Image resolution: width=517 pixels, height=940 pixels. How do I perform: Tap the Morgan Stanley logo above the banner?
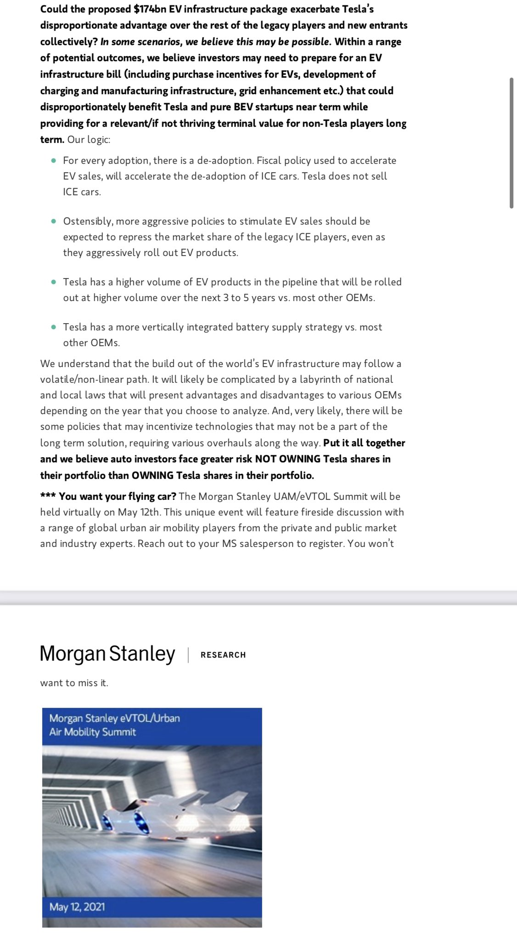(x=107, y=654)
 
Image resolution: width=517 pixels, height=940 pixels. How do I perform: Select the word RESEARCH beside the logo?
(x=223, y=655)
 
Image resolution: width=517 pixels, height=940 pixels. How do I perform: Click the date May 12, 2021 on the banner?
(x=77, y=907)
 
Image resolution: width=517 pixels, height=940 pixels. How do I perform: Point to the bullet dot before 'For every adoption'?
(x=54, y=161)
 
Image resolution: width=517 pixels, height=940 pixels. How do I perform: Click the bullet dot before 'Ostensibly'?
(x=54, y=221)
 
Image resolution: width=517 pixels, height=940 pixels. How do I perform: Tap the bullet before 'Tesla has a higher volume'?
(x=54, y=282)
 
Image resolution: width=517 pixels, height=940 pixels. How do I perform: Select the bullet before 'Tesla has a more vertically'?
(x=54, y=327)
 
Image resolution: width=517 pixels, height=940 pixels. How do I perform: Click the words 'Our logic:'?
(x=89, y=140)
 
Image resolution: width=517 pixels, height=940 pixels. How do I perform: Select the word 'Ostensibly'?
(x=87, y=221)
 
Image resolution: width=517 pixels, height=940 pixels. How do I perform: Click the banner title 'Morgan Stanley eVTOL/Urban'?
(x=115, y=718)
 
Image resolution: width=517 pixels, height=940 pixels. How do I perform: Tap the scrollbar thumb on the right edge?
(x=511, y=143)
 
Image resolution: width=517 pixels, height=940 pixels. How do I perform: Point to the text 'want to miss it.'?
(x=74, y=683)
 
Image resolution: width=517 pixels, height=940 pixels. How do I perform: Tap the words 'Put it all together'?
(x=364, y=443)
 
